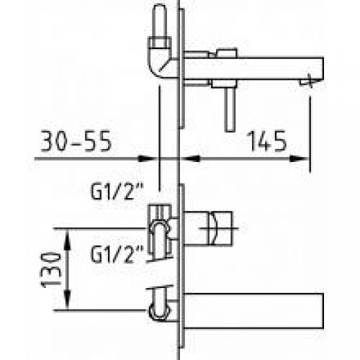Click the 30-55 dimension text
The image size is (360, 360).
click(x=76, y=141)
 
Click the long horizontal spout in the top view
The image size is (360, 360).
click(x=252, y=70)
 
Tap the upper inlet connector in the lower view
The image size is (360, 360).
click(x=161, y=227)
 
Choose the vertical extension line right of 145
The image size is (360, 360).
click(x=312, y=130)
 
